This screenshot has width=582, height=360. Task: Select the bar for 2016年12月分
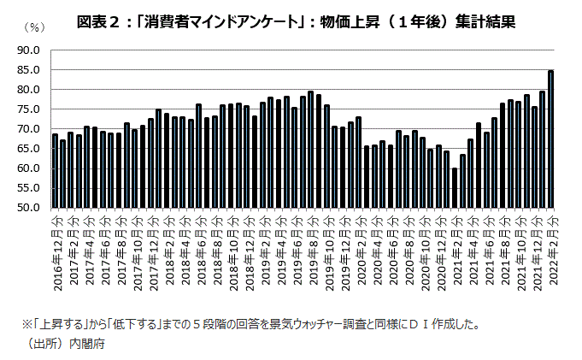pyautogui.click(x=56, y=171)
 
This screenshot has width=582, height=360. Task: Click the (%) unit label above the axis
pyautogui.click(x=32, y=28)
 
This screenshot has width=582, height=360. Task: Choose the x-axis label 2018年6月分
pyautogui.click(x=198, y=248)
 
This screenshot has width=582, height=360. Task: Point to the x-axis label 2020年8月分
pyautogui.click(x=407, y=248)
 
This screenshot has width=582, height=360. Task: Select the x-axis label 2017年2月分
pyautogui.click(x=71, y=248)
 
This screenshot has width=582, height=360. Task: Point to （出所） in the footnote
pyautogui.click(x=47, y=340)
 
